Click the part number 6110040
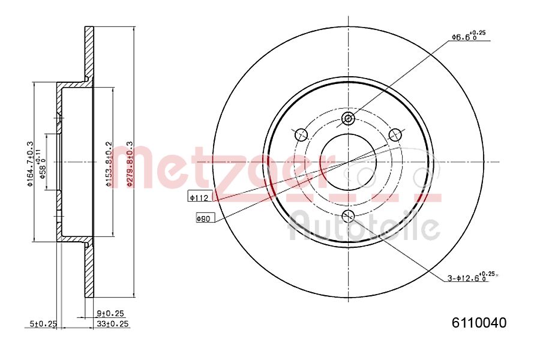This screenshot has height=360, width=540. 479,323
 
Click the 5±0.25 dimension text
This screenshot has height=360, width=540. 43,324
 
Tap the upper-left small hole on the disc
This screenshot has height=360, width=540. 302,134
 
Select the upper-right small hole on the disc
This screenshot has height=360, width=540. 394,134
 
